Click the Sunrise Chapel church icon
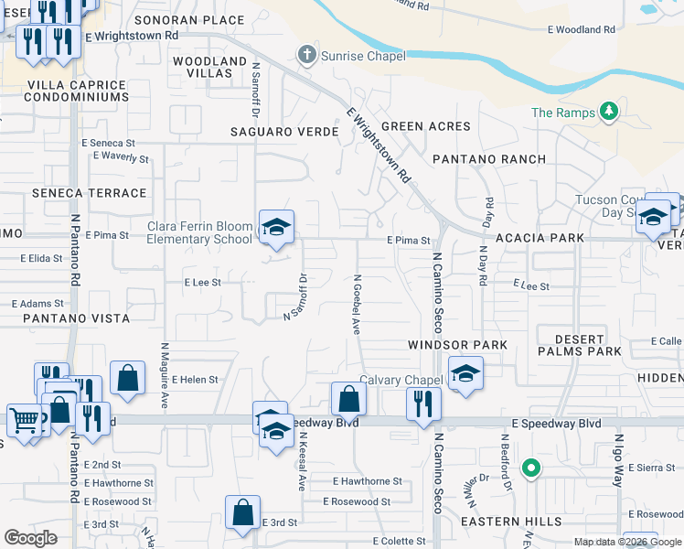[x=308, y=56]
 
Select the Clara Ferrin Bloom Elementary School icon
[x=275, y=226]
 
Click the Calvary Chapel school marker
[x=465, y=373]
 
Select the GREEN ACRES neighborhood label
[x=425, y=126]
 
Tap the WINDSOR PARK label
[x=457, y=345]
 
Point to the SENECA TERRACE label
[x=89, y=193]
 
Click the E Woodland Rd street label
[x=582, y=29]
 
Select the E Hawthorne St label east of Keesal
[x=368, y=481]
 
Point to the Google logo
[x=31, y=538]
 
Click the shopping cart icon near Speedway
[x=23, y=420]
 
